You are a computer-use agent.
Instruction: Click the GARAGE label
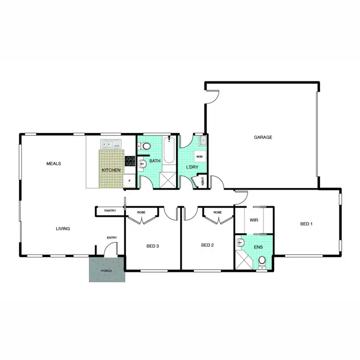(263, 137)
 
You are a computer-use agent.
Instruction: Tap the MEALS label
(53, 164)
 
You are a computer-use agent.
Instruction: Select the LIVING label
(62, 228)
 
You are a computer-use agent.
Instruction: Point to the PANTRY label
(110, 211)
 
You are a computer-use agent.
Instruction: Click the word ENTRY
(112, 238)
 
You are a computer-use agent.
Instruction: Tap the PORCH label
(106, 271)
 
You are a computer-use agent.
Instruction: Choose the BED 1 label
(306, 224)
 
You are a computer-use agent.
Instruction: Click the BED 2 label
(207, 245)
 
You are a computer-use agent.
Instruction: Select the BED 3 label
(152, 246)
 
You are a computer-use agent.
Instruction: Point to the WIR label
(254, 220)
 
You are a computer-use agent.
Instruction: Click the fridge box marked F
(129, 181)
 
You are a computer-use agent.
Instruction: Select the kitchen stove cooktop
(130, 161)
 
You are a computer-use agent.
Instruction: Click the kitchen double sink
(111, 144)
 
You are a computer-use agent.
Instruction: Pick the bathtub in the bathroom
(168, 151)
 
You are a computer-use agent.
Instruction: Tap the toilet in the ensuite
(262, 262)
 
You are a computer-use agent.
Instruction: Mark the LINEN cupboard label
(203, 181)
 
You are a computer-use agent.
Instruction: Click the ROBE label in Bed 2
(217, 212)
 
